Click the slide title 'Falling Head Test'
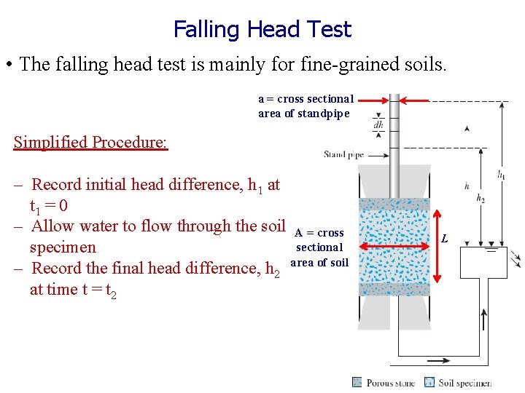coord(262,29)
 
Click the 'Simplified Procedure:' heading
coord(90,141)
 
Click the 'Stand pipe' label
coord(343,154)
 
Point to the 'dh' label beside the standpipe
coord(378,124)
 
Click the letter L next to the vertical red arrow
coord(445,239)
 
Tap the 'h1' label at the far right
coord(502,175)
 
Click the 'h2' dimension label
coord(481,198)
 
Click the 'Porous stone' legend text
coord(390,383)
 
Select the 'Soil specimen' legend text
coord(464,383)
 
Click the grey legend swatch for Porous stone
coord(357,382)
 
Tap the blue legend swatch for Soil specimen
coord(429,382)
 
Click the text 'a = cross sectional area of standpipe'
coord(306,106)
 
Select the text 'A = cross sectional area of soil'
coord(319,247)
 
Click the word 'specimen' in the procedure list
coord(63,247)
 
